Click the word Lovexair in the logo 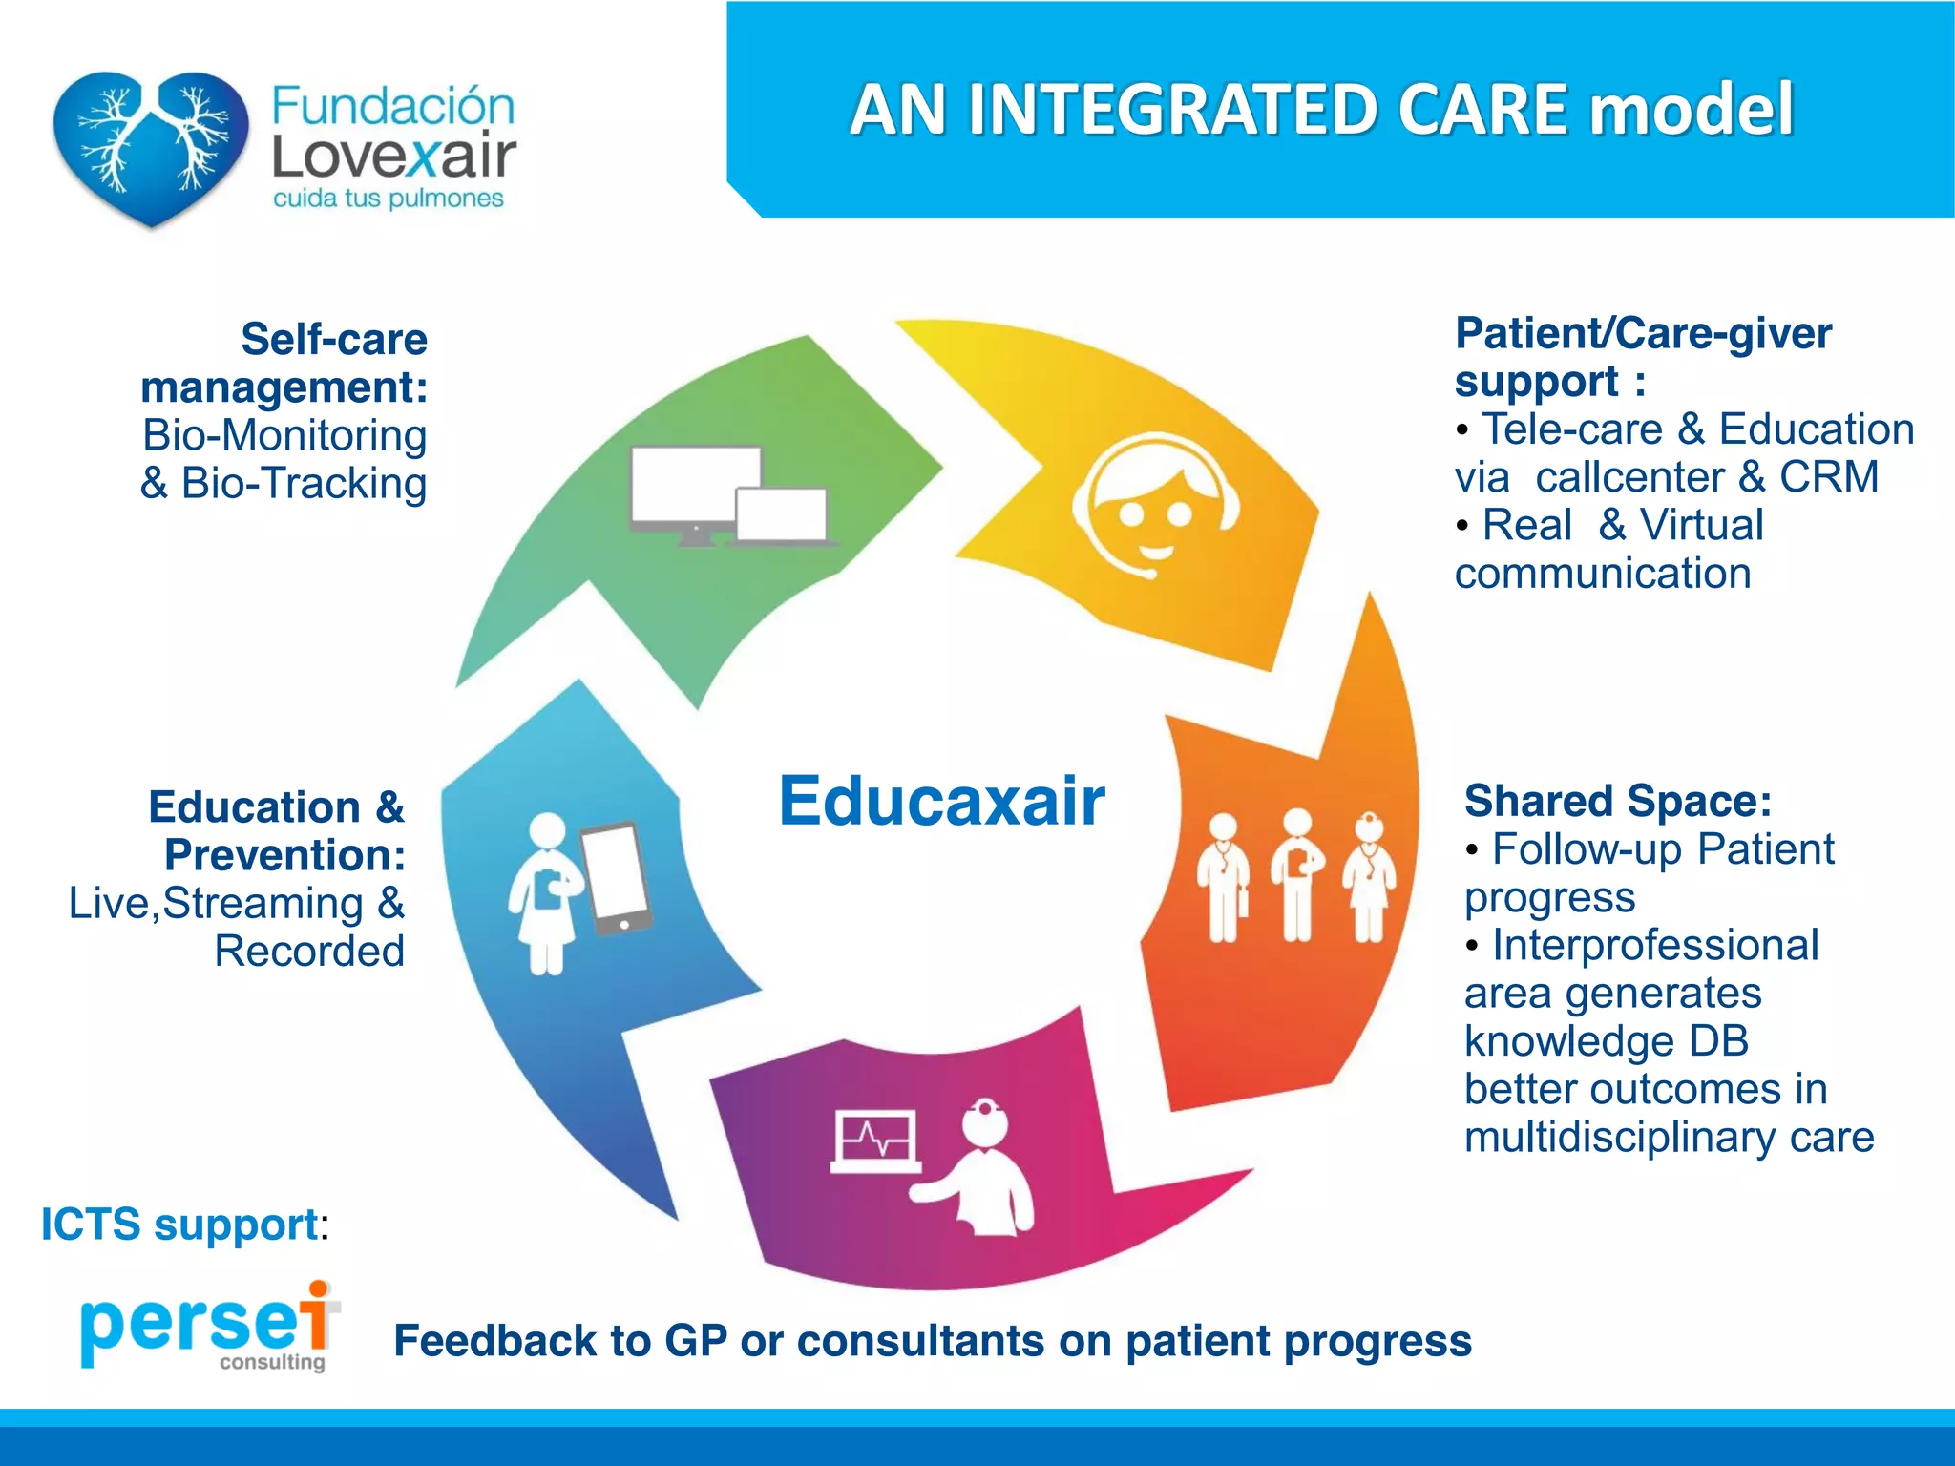393,157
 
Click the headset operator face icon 1155,506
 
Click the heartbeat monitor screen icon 875,1141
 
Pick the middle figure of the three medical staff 1296,874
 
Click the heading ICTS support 179,1225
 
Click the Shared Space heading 1618,801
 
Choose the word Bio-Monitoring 284,435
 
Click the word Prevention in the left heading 284,855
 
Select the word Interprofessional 1655,945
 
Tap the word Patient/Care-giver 1643,333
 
